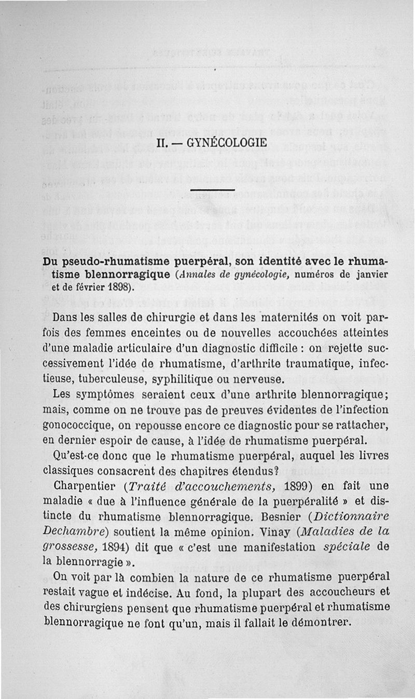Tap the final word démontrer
coord(317,620)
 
